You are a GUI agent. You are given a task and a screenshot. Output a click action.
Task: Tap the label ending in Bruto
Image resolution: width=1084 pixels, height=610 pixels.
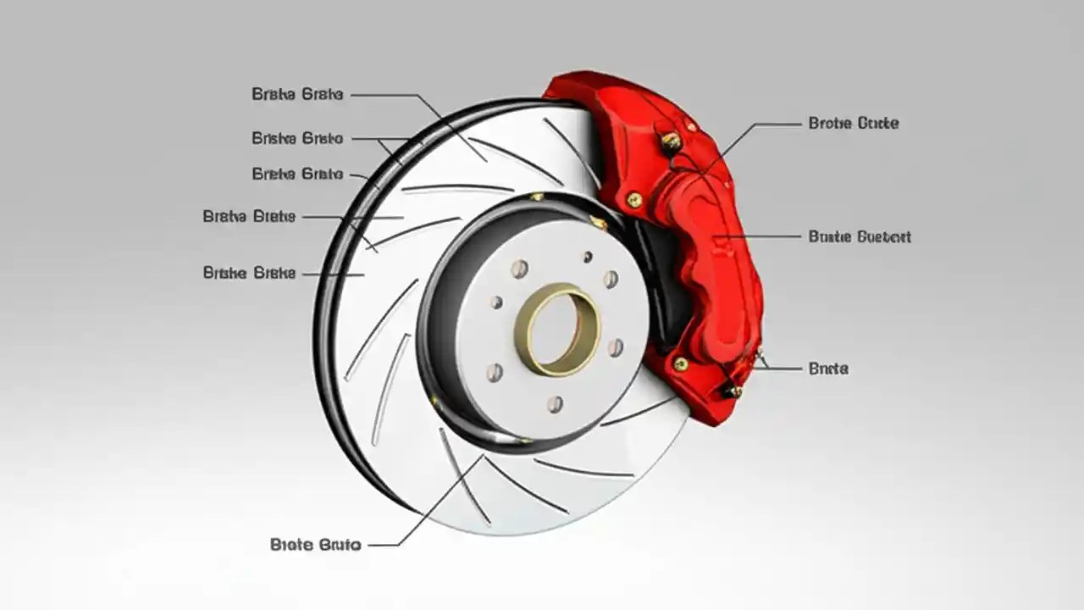(x=316, y=545)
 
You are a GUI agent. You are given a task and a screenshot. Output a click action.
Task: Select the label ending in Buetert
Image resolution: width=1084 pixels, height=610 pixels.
(x=860, y=236)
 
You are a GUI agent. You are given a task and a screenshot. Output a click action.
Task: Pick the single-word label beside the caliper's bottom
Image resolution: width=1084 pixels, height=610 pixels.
(x=828, y=369)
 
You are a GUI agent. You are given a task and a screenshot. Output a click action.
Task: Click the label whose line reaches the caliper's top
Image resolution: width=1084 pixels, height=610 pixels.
(x=853, y=123)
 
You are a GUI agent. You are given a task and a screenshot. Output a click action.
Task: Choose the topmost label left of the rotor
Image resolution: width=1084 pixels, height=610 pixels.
(x=297, y=94)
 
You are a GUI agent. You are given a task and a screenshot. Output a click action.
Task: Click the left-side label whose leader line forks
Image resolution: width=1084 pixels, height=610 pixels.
(x=297, y=138)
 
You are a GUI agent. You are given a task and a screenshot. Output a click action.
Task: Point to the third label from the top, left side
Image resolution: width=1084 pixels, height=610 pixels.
(x=297, y=175)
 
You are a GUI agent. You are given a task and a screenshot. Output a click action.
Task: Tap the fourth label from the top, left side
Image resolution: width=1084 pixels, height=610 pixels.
(x=249, y=217)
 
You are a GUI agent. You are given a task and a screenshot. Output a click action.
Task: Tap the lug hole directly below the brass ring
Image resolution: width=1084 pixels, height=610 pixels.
(x=555, y=404)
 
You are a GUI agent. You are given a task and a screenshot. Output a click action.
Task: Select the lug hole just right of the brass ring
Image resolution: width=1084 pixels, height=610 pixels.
(x=616, y=347)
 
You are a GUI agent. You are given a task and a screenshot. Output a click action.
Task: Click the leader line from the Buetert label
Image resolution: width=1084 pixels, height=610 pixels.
(x=762, y=236)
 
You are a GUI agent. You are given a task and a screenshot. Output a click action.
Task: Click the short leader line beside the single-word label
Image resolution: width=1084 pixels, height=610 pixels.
(x=783, y=369)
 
